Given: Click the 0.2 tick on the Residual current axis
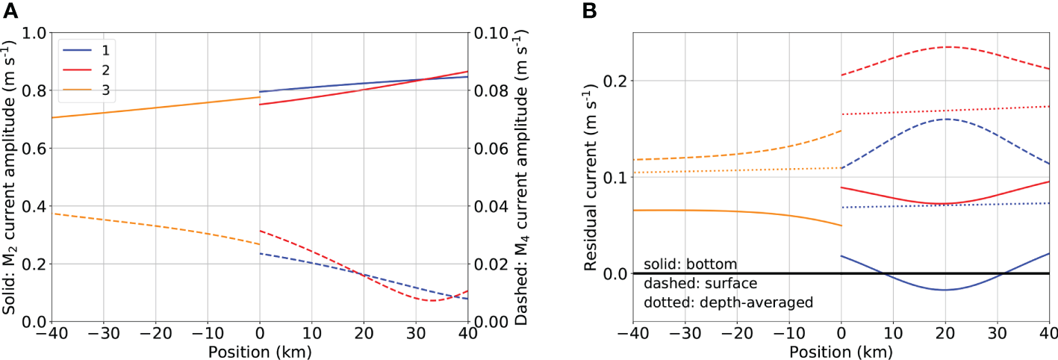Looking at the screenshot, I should point(614,81).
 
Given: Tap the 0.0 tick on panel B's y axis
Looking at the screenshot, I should point(614,273).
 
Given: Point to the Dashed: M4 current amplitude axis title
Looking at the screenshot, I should point(520,176).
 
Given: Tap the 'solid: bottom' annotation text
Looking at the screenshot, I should point(691,264).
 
